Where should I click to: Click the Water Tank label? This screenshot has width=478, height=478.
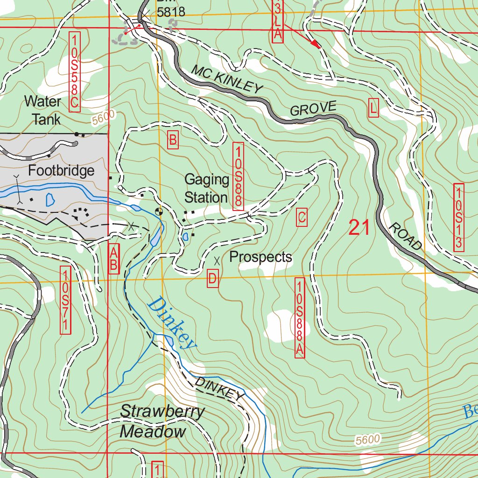(42, 110)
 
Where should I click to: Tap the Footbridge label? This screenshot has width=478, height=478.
(61, 171)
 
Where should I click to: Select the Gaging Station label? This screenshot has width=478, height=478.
(207, 189)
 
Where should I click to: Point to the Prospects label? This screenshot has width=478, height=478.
(261, 257)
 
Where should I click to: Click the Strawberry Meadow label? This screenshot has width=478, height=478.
(162, 422)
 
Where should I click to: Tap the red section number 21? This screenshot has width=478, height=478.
(359, 228)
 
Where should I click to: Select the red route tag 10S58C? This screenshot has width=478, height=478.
(74, 71)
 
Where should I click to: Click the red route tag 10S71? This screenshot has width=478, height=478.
(65, 300)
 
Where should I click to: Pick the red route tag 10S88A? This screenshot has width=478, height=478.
(300, 318)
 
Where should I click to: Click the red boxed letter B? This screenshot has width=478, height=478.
(173, 140)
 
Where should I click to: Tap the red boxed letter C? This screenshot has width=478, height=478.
(302, 218)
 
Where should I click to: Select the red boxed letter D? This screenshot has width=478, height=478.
(212, 279)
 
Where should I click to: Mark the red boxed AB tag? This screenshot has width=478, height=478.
(113, 258)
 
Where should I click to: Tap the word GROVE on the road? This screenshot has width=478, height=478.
(312, 109)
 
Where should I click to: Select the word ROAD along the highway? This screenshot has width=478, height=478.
(405, 236)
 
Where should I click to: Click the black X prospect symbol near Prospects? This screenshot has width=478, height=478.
(216, 259)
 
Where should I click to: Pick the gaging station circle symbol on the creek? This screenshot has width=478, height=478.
(159, 211)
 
